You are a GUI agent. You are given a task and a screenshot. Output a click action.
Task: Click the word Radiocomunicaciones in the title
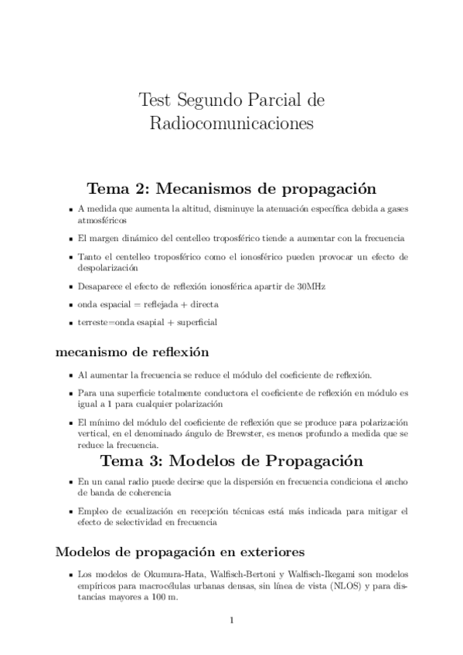coord(232,123)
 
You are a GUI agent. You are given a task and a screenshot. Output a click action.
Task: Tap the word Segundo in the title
coord(211,100)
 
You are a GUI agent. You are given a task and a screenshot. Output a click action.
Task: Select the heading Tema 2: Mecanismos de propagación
coord(231,188)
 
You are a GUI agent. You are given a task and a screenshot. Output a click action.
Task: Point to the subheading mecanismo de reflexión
coord(132,352)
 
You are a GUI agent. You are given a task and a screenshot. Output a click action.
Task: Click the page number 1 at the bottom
coord(232,620)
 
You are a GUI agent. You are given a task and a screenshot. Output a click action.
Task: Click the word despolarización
coord(107,267)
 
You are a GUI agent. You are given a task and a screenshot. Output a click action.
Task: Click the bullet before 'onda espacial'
coord(70,304)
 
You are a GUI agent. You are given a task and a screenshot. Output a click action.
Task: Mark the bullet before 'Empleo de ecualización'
coord(70,511)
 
